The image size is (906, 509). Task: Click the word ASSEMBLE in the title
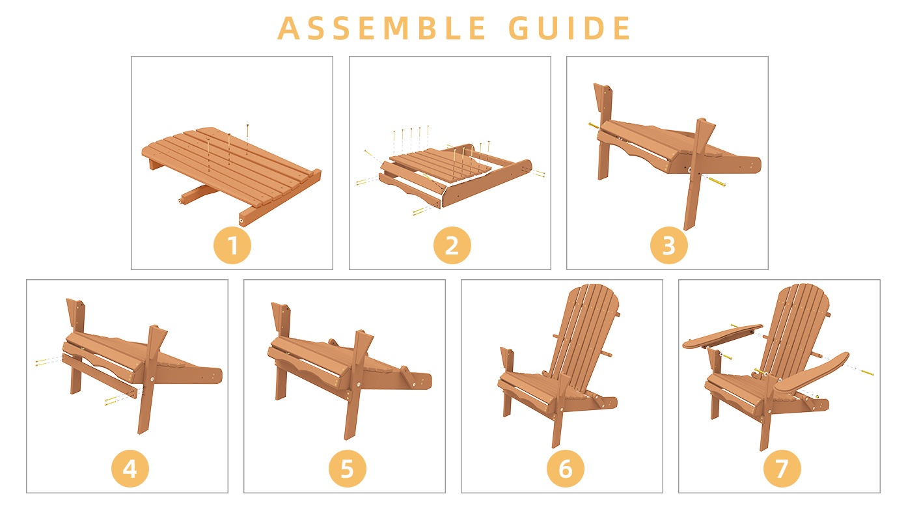coord(381,28)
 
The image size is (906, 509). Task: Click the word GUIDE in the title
coord(570,28)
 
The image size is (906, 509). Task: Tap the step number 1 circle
coord(232,245)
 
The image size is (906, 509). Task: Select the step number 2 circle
coord(452,245)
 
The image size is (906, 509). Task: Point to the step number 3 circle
coord(668,245)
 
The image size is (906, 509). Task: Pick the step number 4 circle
coord(130,469)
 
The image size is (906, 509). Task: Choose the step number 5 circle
coord(348,469)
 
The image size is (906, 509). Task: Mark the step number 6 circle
coord(566,469)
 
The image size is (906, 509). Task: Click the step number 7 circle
coord(782,469)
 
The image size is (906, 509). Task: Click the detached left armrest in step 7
coord(722,337)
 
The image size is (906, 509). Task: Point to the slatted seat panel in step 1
coord(230,166)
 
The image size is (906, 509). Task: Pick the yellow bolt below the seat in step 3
coord(717,182)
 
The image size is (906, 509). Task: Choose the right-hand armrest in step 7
coord(811,373)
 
